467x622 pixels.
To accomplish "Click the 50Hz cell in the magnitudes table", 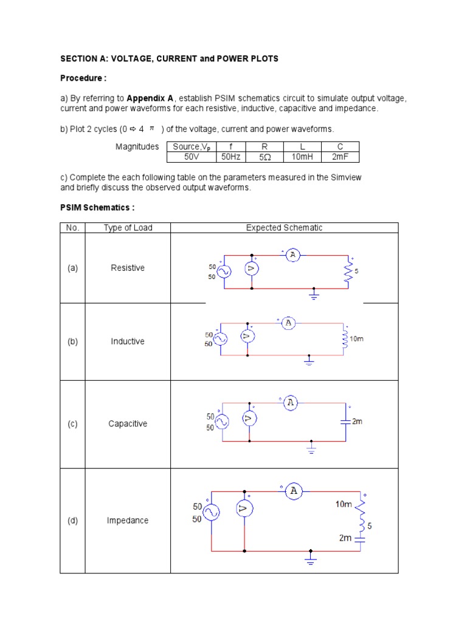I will click(230, 157).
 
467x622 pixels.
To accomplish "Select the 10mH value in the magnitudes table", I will click(302, 157).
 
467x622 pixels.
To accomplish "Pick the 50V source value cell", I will click(190, 157).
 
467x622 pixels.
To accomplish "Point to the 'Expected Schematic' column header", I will click(284, 228).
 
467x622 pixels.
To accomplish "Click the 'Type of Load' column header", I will click(128, 228).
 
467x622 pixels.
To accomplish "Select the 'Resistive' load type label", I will click(128, 268).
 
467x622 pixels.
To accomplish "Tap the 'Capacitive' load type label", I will click(128, 424).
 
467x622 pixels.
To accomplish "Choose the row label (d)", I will click(72, 521).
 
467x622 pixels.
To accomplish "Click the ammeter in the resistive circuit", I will click(292, 256).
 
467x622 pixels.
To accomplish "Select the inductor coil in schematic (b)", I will click(345, 339).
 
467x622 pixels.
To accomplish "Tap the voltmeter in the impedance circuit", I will click(244, 511).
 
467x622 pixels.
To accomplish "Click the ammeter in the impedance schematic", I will click(294, 490).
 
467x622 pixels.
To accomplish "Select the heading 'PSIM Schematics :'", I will click(97, 208).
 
